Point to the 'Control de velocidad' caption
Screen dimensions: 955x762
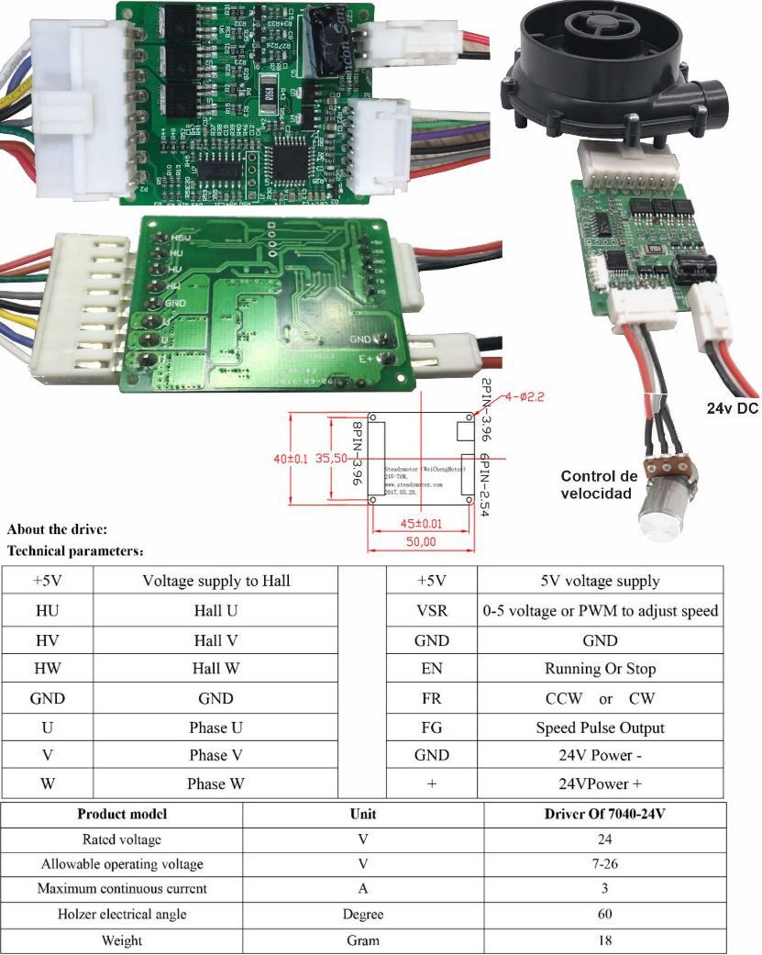[598, 484]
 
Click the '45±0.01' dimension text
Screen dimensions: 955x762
[423, 523]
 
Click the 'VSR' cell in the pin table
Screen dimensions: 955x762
[431, 610]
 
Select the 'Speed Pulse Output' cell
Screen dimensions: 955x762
[600, 727]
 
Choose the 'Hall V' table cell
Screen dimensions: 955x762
[215, 639]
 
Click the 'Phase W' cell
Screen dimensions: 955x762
[215, 783]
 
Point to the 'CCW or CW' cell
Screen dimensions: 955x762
[600, 698]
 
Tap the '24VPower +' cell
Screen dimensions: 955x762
[600, 784]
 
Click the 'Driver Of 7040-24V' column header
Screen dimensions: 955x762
[605, 814]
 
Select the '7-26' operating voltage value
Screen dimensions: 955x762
[605, 864]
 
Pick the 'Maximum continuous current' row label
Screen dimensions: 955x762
[122, 888]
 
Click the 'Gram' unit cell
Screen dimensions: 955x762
[363, 940]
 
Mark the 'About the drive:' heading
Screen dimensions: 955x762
[58, 529]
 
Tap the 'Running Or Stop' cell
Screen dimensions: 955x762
[600, 669]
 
